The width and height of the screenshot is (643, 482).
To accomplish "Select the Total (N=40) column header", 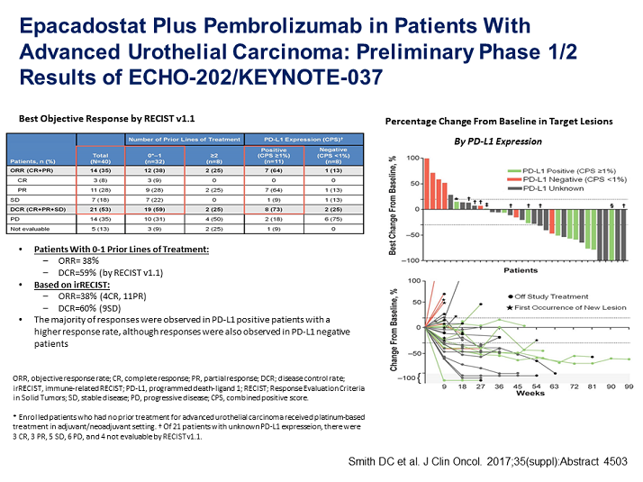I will pyautogui.click(x=101, y=157).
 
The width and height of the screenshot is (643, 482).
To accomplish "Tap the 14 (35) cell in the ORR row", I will pyautogui.click(x=101, y=168).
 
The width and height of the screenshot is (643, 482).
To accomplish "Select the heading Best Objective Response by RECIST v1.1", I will pyautogui.click(x=107, y=118).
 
